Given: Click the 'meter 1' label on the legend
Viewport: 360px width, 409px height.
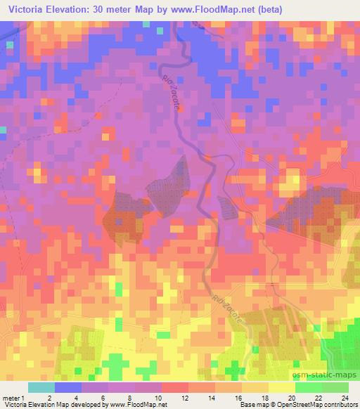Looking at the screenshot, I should pos(12,398).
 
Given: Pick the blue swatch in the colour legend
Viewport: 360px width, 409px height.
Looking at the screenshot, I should pos(67,388).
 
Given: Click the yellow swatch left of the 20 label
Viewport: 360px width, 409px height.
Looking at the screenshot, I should pos(281,388).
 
